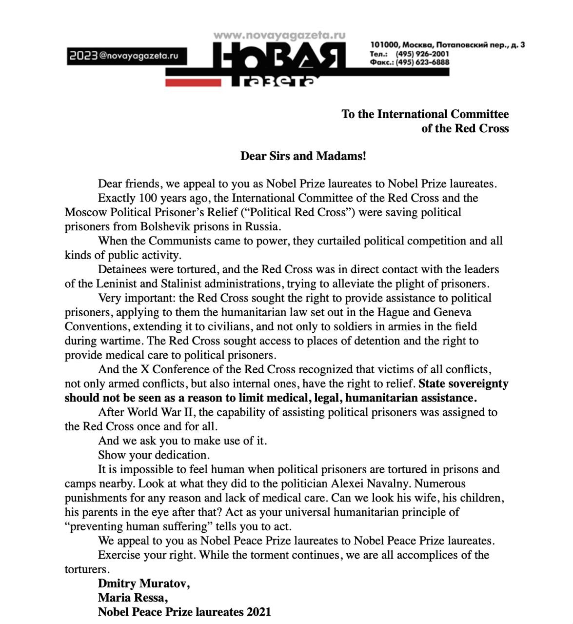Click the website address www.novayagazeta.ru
coord(279,35)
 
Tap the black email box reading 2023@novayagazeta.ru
coord(127,56)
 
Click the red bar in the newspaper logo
coord(194,82)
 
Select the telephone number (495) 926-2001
coord(422,54)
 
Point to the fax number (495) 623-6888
coord(422,62)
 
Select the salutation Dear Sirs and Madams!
coord(303,156)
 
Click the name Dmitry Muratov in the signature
coord(143,584)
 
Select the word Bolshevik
coord(165,226)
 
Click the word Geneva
coord(451,312)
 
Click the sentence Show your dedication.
coord(154,455)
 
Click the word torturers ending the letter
coord(85,569)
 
